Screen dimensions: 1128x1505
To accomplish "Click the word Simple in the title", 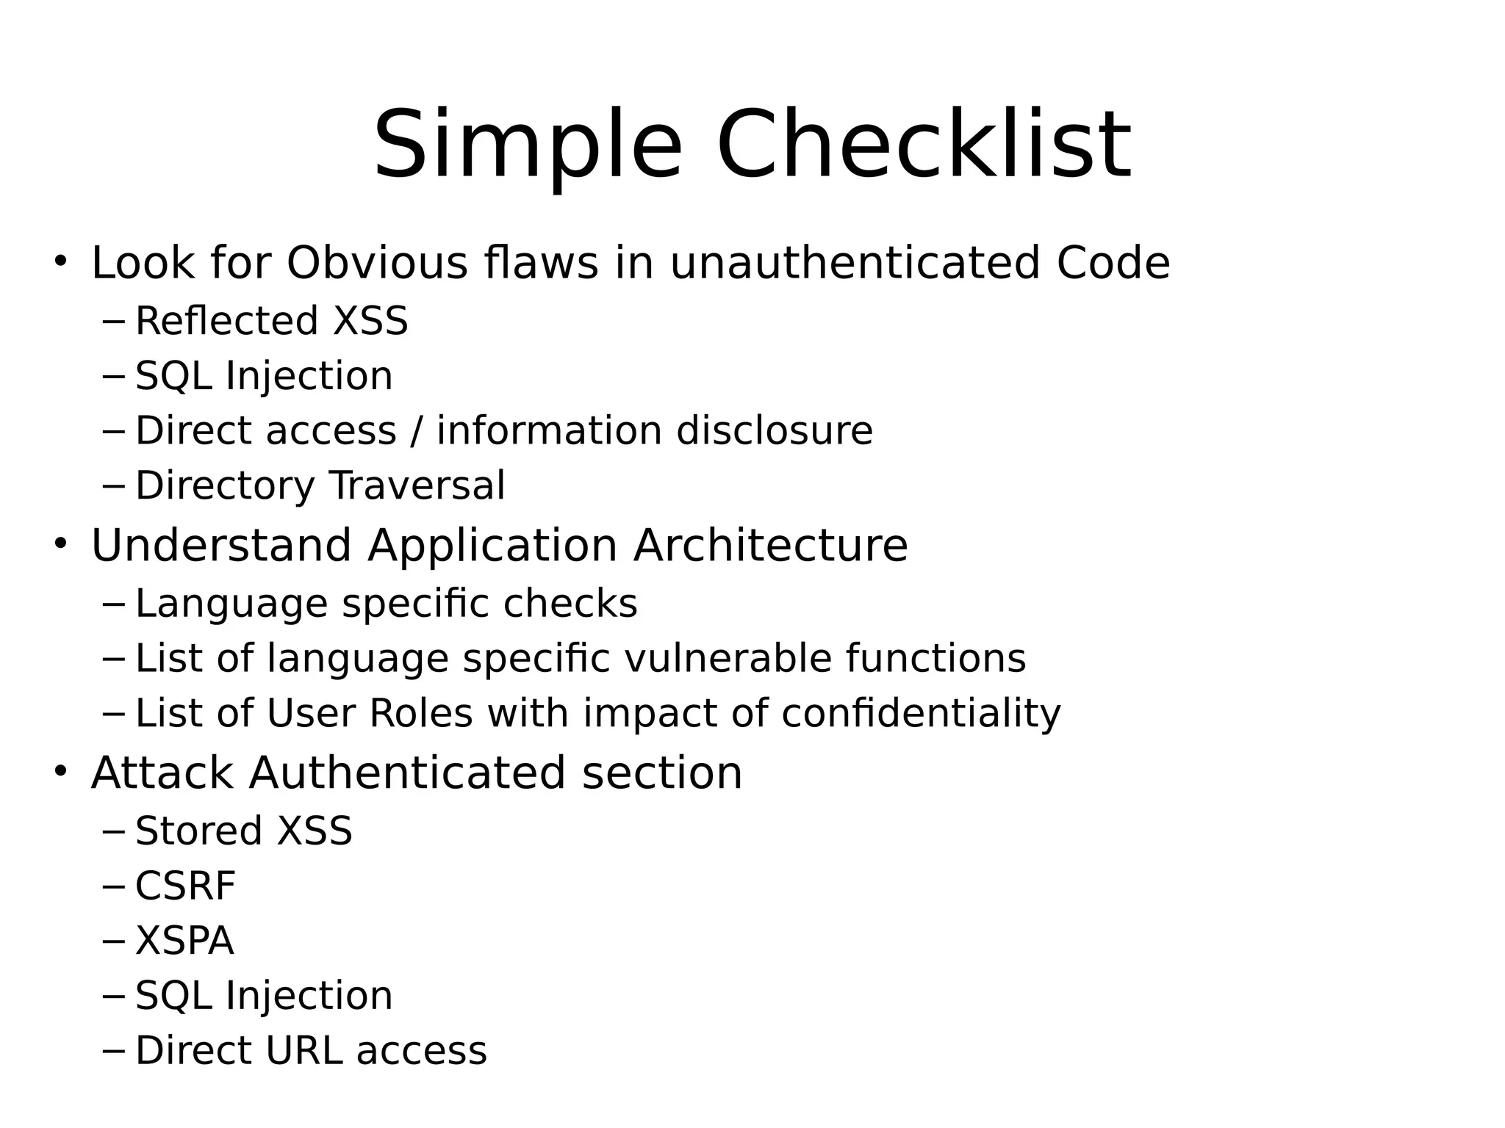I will point(528,145).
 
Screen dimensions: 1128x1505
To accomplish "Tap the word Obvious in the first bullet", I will point(377,263).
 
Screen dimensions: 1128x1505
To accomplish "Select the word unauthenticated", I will point(855,263).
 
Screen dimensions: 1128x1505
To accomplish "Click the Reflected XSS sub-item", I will point(271,321).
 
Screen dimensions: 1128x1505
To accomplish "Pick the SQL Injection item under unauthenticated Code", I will point(264,376).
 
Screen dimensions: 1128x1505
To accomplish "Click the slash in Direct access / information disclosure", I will point(417,430).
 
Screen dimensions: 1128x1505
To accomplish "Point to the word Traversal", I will point(417,485).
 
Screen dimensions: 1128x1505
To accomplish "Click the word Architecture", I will point(770,546).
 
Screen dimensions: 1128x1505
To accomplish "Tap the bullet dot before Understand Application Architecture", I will point(60,543).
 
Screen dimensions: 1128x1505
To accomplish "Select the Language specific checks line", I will point(386,604).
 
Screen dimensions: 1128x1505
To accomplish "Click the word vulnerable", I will point(728,658).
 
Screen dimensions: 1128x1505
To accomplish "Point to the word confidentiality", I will point(921,714).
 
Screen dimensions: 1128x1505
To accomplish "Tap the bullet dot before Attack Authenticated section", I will point(60,771).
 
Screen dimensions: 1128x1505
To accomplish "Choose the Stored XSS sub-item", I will point(243,831).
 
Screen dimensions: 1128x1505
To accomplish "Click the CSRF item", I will point(185,886).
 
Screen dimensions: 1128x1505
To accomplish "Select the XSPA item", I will point(184,941).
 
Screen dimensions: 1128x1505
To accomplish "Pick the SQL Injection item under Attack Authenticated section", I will point(264,996).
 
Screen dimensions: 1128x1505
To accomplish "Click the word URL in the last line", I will point(303,1051).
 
